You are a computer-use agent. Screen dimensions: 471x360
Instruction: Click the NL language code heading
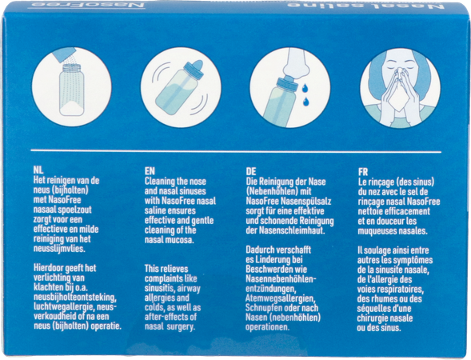coord(38,170)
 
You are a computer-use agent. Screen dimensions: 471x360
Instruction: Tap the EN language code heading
coord(150,171)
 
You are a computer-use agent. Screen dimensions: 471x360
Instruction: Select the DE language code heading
coord(251,171)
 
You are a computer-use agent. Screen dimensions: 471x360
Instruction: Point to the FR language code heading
coord(363,172)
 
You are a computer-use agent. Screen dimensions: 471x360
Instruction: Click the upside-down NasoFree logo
coord(86,5)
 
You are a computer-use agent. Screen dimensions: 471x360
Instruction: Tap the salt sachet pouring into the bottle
coord(63,54)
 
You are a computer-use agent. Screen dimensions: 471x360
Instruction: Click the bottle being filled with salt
coord(72,90)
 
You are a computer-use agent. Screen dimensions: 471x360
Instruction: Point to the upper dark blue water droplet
coord(305,88)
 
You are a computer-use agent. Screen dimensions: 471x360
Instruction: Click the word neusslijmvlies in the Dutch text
coord(59,249)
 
